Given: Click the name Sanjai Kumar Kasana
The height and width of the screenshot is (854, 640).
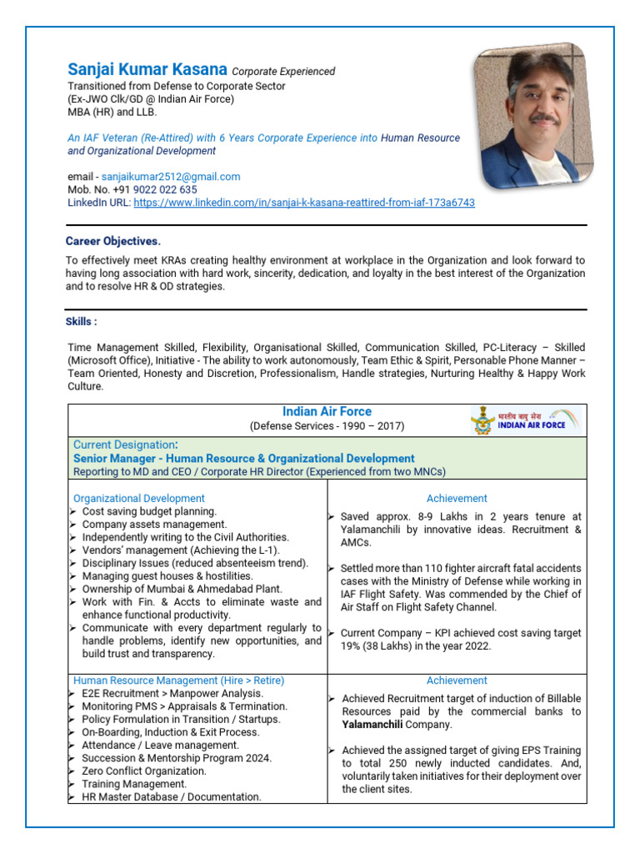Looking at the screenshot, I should click(147, 70).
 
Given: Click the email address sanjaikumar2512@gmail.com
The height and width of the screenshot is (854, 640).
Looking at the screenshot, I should click(171, 177).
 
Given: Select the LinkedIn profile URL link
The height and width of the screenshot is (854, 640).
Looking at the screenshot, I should click(304, 203).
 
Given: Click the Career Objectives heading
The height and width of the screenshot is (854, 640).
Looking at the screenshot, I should click(113, 241).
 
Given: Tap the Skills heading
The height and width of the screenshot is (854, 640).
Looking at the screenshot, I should click(82, 322).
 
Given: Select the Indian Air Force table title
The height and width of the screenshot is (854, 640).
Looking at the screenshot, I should click(327, 412).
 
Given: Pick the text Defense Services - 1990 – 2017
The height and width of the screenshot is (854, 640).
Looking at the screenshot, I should click(327, 426).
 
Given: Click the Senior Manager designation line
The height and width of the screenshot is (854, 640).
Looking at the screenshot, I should click(243, 459).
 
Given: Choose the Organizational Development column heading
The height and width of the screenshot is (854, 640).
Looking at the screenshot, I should click(139, 499).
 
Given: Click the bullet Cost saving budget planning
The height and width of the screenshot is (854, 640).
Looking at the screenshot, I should click(149, 511).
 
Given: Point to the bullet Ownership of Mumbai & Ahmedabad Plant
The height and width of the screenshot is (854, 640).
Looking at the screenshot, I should click(182, 589).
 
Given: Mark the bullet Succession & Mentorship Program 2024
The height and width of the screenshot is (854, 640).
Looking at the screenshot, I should click(177, 758).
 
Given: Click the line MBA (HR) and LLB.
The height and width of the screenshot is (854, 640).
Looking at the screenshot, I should click(112, 112).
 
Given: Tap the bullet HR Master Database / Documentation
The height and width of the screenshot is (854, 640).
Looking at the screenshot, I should click(171, 797).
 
